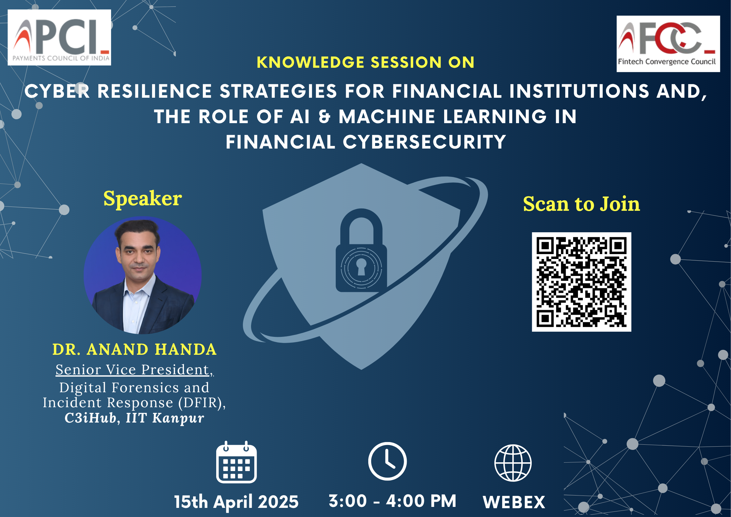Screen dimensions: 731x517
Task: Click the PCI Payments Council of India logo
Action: [59, 37]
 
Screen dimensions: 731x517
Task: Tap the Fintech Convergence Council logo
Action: [668, 44]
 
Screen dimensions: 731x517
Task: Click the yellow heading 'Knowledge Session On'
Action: [365, 62]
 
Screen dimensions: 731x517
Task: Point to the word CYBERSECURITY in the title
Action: [424, 142]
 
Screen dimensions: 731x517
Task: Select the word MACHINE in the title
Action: [387, 117]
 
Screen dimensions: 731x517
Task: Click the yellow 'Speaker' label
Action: [143, 199]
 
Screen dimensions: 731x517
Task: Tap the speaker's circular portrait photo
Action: [143, 275]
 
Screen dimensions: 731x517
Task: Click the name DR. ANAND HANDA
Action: [134, 350]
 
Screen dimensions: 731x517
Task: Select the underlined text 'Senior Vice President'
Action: [132, 370]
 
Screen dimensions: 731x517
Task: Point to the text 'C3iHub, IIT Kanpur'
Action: [134, 418]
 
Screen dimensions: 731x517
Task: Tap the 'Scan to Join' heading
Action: [582, 204]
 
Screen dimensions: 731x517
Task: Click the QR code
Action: [582, 282]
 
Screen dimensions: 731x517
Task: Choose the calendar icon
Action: [236, 462]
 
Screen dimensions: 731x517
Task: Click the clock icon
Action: [387, 461]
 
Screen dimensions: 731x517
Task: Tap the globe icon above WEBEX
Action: [513, 463]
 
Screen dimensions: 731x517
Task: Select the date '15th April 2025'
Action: [236, 502]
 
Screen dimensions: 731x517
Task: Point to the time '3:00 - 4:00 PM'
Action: [392, 501]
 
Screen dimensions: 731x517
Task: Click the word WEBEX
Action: [514, 502]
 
